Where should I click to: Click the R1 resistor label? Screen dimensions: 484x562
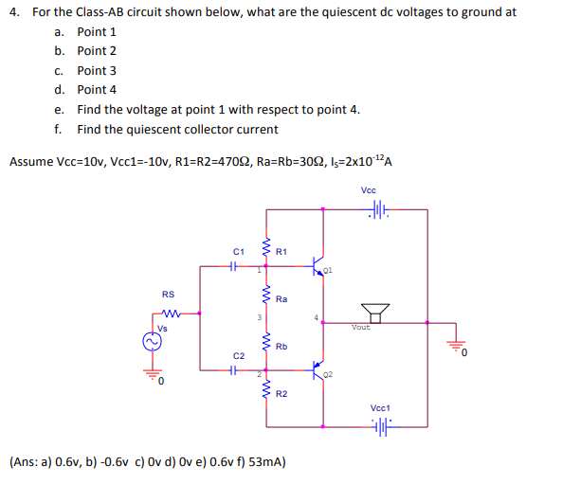(x=281, y=251)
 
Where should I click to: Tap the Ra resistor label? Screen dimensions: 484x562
(x=281, y=299)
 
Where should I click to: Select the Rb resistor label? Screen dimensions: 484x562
(x=281, y=347)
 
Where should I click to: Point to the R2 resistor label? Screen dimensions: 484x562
(x=281, y=392)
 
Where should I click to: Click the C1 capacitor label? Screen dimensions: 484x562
(x=239, y=252)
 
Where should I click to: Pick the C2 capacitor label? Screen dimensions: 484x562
(x=239, y=355)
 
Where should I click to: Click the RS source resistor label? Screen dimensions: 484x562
(x=169, y=294)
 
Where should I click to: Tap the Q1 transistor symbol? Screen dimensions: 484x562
(x=320, y=266)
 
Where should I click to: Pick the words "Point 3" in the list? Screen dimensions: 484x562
(x=97, y=70)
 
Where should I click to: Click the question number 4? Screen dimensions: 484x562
(x=13, y=12)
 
